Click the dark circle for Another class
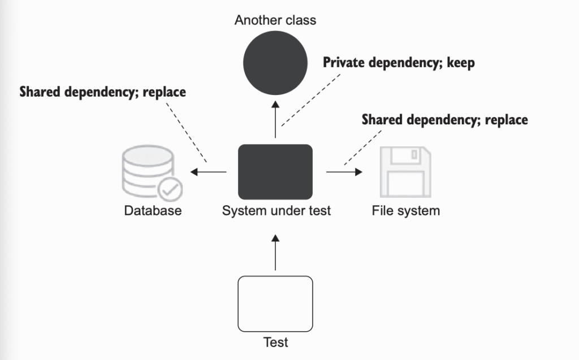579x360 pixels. [x=275, y=62]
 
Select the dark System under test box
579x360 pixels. [x=275, y=172]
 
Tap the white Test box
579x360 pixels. [x=275, y=303]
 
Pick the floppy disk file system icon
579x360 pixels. [x=405, y=172]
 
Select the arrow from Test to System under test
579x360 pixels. [x=275, y=254]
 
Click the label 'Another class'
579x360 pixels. [x=275, y=20]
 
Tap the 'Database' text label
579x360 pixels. [x=153, y=211]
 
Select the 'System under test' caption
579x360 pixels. [x=276, y=211]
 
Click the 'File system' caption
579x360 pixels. [x=405, y=211]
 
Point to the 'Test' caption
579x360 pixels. [x=275, y=342]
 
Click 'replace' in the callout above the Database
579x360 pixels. [x=164, y=92]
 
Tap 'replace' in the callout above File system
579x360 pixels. [x=506, y=120]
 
